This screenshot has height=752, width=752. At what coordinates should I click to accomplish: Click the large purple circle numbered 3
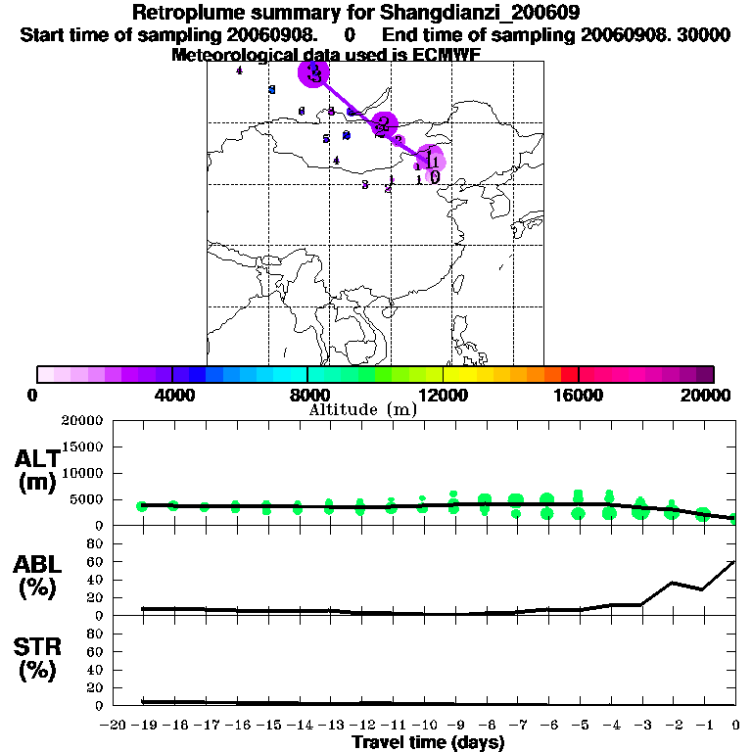pyautogui.click(x=313, y=72)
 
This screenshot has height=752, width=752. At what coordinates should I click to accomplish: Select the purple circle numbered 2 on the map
pyautogui.click(x=384, y=124)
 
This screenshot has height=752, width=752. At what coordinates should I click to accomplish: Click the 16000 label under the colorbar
pyautogui.click(x=579, y=395)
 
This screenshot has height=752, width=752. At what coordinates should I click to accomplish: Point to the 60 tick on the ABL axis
pyautogui.click(x=95, y=562)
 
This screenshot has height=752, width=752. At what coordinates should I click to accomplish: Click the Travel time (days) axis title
pyautogui.click(x=428, y=742)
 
